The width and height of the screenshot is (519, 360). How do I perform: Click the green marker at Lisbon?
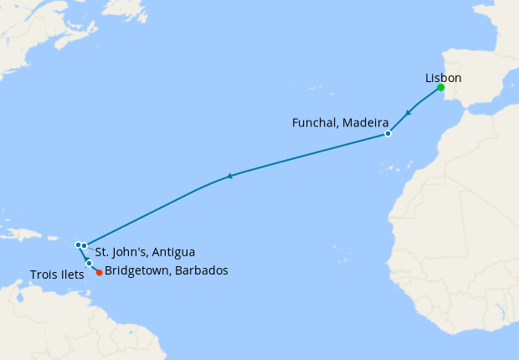pos(439,88)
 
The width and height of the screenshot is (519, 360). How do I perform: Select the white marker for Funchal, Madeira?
pos(388,134)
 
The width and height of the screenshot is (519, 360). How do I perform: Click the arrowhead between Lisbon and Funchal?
pos(409,113)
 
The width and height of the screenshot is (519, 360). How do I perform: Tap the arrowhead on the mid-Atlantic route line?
pos(230,176)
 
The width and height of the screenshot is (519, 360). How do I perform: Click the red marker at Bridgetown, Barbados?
pos(99,272)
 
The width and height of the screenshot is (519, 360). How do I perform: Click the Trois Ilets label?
pos(56,275)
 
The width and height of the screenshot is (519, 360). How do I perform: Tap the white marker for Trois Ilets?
pos(89,264)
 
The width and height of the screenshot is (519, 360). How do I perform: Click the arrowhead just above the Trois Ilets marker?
pos(86,258)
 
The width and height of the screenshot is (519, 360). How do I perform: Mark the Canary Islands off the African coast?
pos(392,169)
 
